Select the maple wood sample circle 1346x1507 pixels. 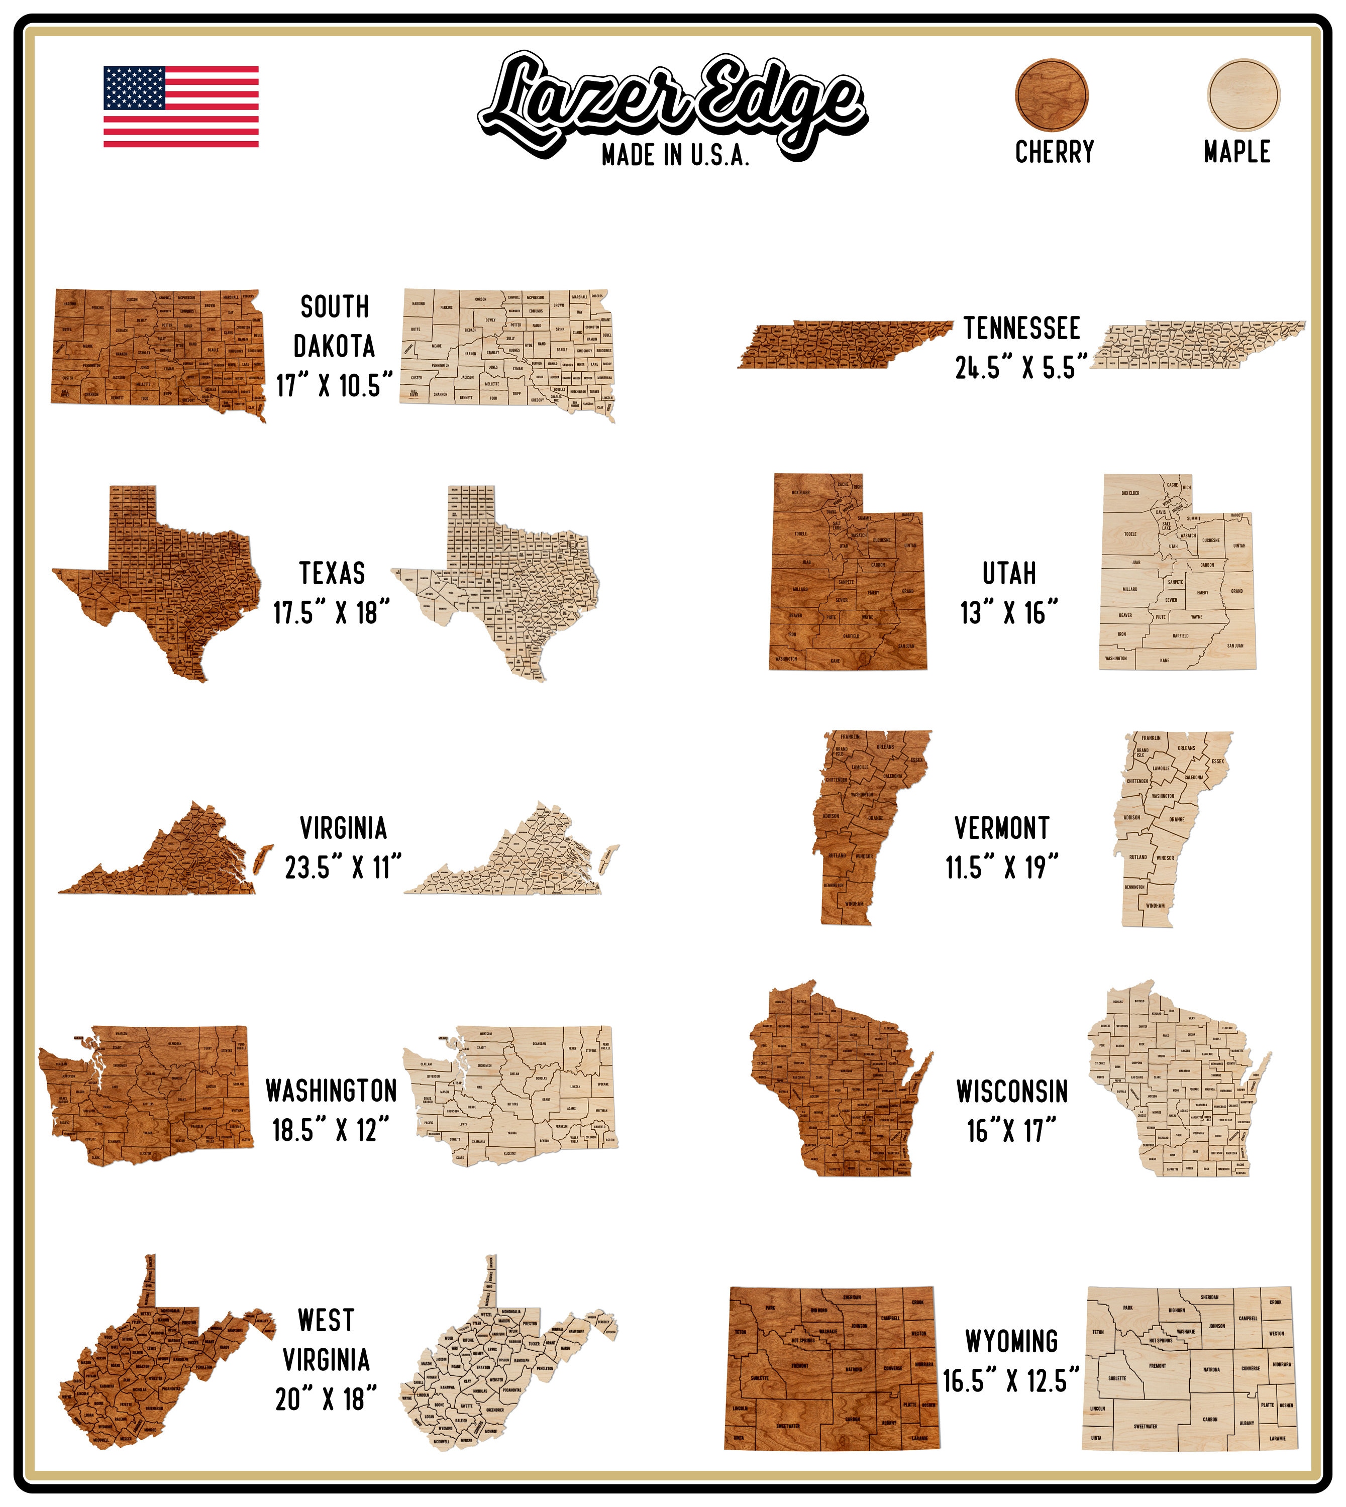coord(1244,94)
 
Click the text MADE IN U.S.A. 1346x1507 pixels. coord(675,155)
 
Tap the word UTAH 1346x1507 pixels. coord(1009,573)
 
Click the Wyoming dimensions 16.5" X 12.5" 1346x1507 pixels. coord(1011,1380)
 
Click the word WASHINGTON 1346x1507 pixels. coord(331,1091)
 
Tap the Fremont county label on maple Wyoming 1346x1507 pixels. coord(1158,1366)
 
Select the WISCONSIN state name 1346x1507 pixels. coord(1012,1092)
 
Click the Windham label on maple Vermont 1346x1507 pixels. coord(1155,905)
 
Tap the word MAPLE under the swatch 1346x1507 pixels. coord(1236,152)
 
